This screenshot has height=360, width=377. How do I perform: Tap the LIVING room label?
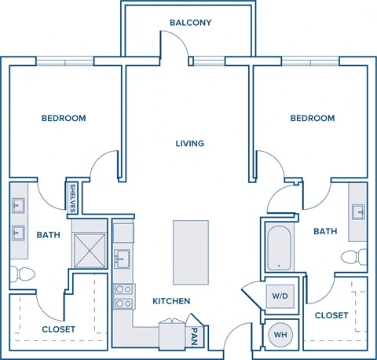(190, 144)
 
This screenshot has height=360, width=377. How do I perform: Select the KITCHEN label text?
(171, 301)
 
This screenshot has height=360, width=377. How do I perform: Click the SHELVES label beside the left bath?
(73, 197)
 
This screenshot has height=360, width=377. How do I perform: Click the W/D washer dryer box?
(280, 296)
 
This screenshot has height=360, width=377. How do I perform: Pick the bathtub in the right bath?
(280, 248)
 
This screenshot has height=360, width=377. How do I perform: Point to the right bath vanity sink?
(358, 211)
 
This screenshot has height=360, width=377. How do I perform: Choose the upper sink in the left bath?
(18, 208)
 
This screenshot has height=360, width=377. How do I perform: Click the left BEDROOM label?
(64, 119)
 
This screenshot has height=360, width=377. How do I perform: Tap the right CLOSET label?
(331, 314)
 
